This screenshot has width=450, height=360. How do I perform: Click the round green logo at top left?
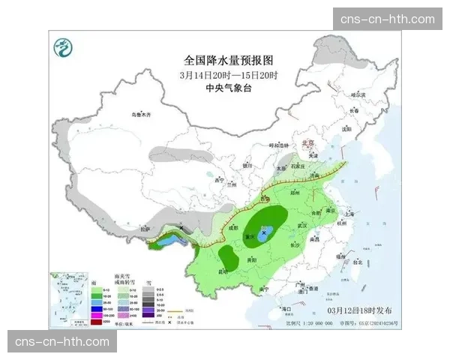pos(63,49)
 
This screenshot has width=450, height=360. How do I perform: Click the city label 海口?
pos(285,308)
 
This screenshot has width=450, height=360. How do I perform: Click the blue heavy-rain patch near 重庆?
pos(264,235)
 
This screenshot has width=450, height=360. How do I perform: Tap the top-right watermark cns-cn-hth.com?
pos(387,19)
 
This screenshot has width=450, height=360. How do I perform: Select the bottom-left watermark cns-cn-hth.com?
pos(63,342)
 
